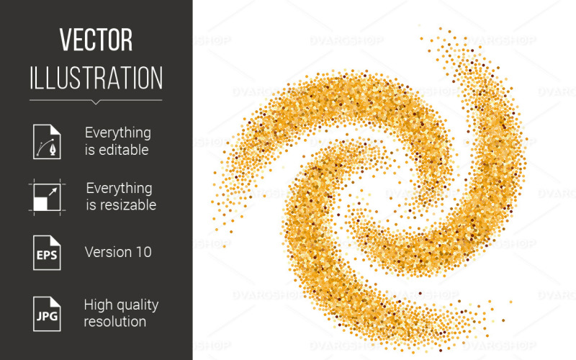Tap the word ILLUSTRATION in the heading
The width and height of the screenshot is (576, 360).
coord(96,77)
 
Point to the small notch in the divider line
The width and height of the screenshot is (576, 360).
coord(96,102)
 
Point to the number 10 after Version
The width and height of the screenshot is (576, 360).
coord(143,252)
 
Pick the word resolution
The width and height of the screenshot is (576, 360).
coord(115,321)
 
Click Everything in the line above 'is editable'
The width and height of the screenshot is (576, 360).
coord(118,133)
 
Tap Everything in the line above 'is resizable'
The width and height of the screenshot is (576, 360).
coord(119,188)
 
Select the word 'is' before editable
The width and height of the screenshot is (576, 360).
coord(90,150)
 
